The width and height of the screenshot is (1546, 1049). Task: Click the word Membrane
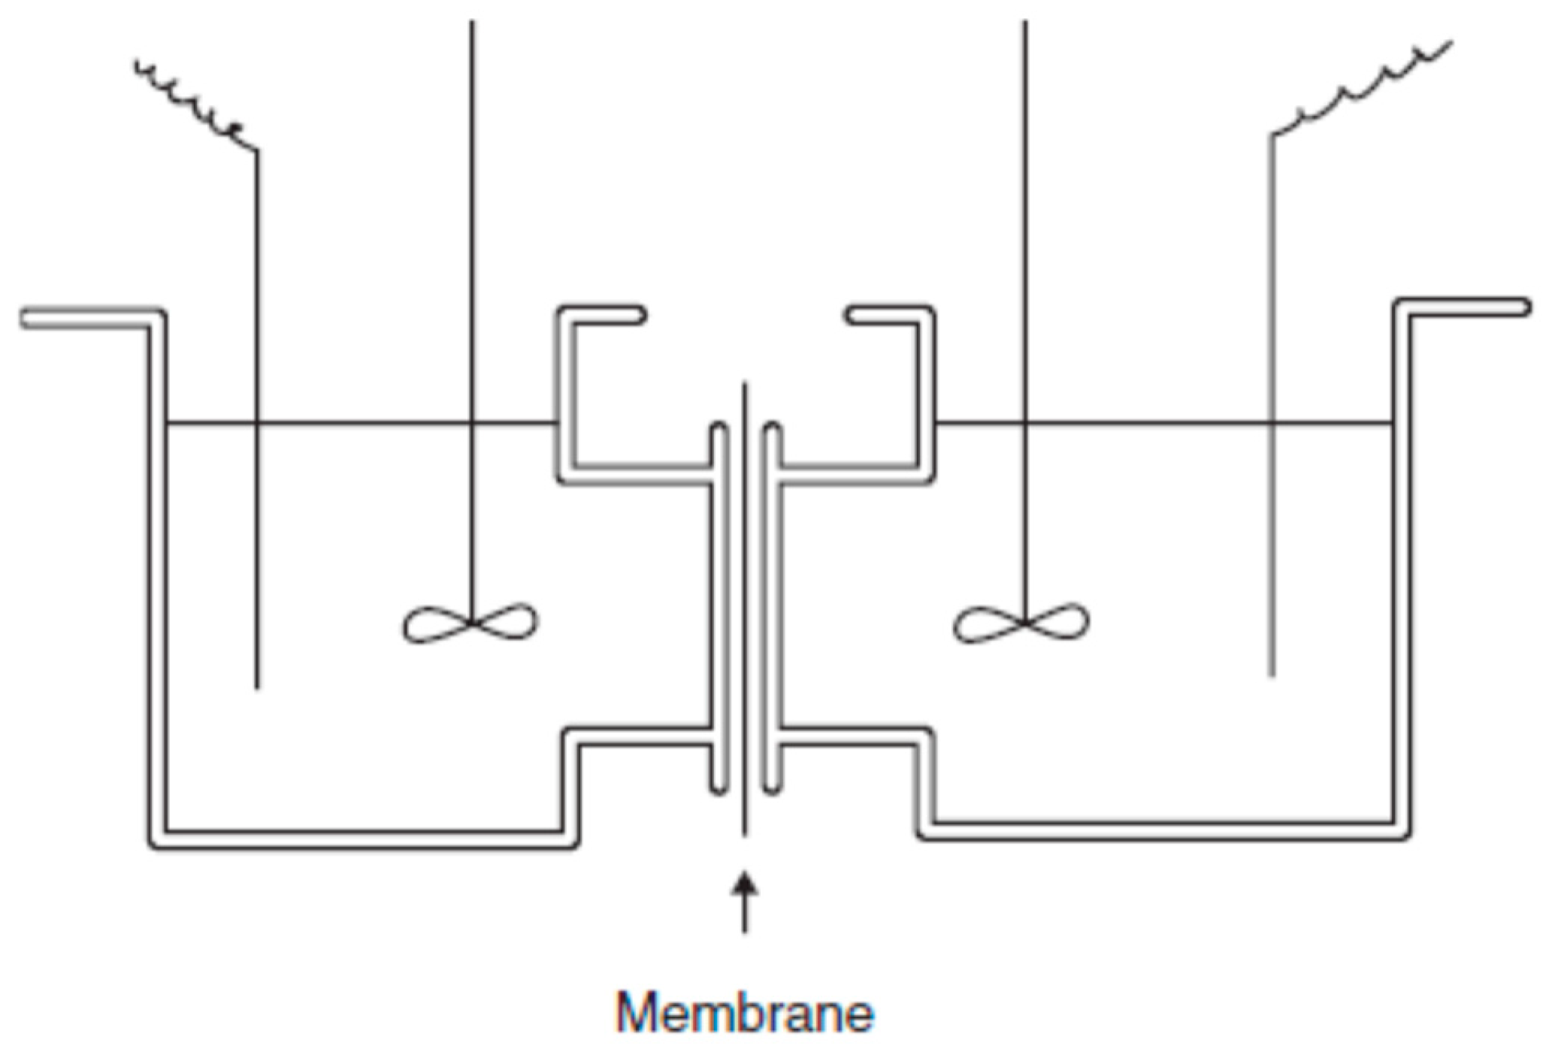click(745, 1012)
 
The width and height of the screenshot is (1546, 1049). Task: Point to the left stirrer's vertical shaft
click(472, 225)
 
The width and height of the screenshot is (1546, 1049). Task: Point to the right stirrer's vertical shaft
click(1025, 225)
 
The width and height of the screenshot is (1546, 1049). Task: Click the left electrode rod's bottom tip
click(258, 685)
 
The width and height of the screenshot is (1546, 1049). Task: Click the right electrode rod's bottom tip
click(1272, 674)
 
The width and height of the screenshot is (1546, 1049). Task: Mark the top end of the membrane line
click(745, 386)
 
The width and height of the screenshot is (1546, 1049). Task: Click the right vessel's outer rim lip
click(1466, 307)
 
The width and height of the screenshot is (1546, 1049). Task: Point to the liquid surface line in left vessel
click(361, 423)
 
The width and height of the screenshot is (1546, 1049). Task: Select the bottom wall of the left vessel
click(361, 840)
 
